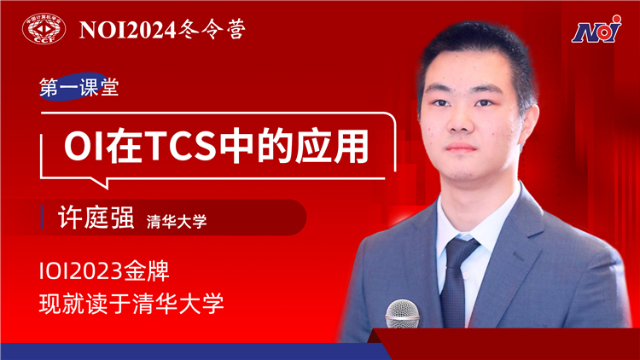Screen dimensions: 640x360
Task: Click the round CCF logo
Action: point(44,28)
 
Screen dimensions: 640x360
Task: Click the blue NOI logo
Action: point(596,29)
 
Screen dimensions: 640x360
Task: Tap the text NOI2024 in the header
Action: point(127,30)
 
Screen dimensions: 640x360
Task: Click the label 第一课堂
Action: point(79,87)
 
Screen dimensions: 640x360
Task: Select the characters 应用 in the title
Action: point(332,146)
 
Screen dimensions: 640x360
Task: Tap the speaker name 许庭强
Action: point(96,217)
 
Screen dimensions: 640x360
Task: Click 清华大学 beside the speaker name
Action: point(177,221)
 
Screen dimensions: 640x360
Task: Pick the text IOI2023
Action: point(81,270)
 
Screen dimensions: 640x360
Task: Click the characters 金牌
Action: point(147,270)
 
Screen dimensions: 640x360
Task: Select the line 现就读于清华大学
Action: point(131,303)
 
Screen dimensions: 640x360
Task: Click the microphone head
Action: point(403,313)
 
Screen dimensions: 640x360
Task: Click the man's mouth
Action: point(461,148)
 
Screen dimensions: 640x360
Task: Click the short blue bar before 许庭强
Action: point(42,218)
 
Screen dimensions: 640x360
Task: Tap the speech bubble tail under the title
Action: point(101,183)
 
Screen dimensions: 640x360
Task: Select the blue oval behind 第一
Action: point(73,86)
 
